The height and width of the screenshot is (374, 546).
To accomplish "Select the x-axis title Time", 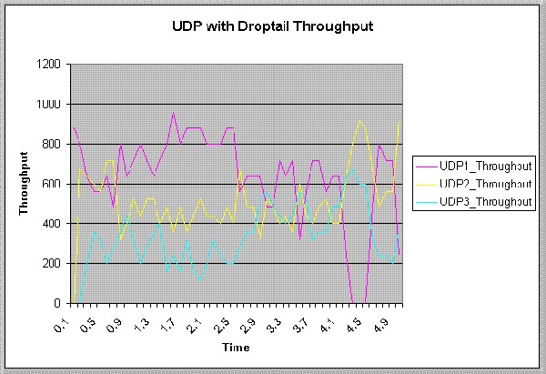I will tap(234, 347).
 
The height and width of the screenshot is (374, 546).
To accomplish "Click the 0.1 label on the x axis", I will tap(62, 319).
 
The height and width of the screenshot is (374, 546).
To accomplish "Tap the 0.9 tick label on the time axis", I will tap(115, 319).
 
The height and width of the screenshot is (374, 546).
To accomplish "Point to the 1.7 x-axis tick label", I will tap(167, 319).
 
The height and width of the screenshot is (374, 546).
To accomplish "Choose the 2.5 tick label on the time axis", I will tap(220, 319).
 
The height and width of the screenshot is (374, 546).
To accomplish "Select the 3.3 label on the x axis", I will tap(273, 319).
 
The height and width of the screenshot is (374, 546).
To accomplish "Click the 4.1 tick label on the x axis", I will tap(326, 319).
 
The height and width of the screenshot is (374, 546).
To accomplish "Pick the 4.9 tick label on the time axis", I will tap(379, 319).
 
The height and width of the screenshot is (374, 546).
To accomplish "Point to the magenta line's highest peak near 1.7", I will tap(173, 114).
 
